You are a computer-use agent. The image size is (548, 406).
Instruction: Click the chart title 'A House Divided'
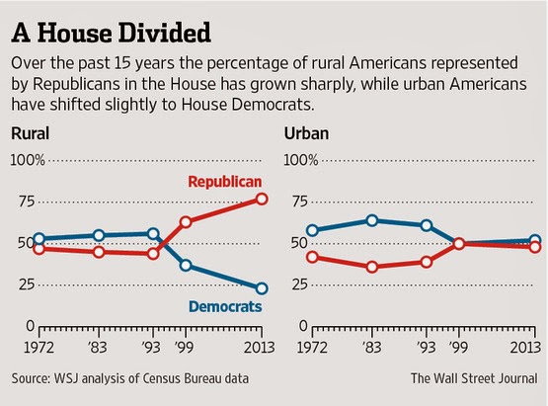point(112,33)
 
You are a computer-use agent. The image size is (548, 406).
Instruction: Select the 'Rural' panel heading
point(30,133)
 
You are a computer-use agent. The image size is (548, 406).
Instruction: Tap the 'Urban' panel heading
point(306,133)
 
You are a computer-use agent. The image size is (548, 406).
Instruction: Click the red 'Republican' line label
point(225,182)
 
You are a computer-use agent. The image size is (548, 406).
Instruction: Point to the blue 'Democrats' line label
point(225,306)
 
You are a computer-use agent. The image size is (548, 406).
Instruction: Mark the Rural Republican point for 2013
point(262,199)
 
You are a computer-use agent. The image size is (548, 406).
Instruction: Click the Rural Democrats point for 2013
point(262,288)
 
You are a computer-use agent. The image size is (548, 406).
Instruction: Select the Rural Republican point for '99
point(186,222)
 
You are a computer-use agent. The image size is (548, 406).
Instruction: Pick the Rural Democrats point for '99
point(186,266)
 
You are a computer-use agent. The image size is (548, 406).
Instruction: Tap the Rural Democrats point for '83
point(99,235)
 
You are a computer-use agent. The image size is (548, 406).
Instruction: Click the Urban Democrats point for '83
point(372,220)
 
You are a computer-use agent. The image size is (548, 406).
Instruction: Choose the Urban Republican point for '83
point(372,267)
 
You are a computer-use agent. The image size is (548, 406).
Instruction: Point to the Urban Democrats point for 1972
point(312,230)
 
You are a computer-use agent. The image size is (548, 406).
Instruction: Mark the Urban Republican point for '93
point(427,262)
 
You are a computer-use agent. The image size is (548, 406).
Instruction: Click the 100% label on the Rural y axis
point(28,160)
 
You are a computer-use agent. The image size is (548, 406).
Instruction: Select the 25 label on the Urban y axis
point(299,284)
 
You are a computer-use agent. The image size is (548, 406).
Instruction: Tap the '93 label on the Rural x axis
point(151,348)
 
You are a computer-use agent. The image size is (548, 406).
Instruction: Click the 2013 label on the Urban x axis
point(525,348)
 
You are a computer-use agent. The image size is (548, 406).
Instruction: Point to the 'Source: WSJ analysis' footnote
point(130,378)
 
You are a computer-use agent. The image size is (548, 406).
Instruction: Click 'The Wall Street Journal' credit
point(474,378)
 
